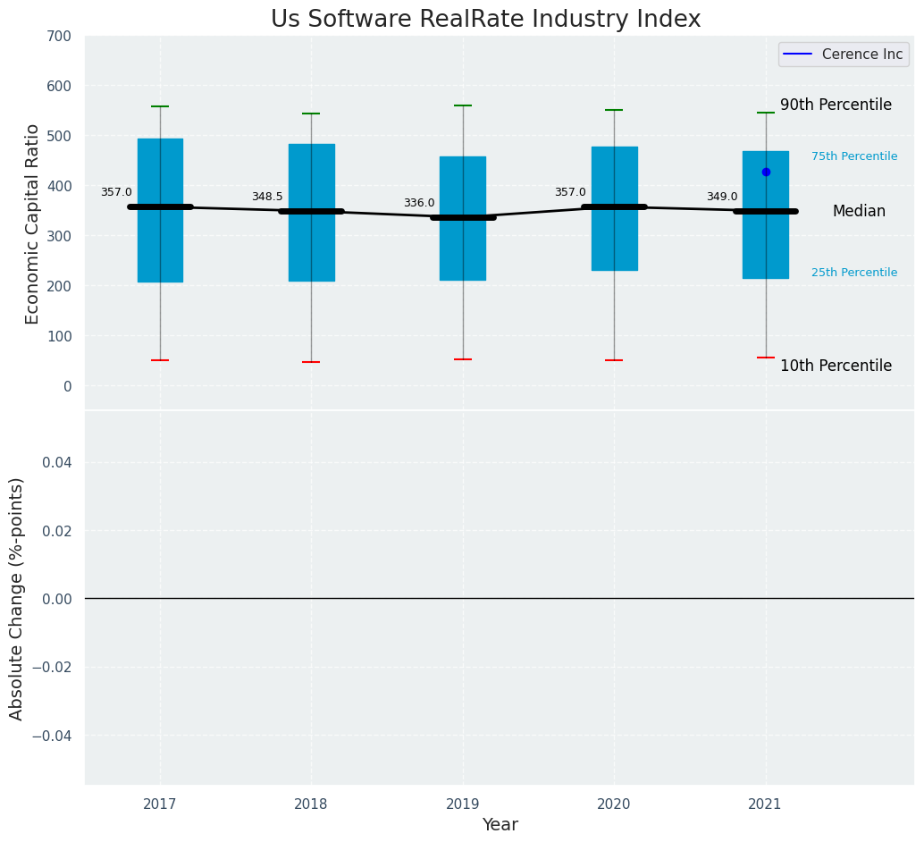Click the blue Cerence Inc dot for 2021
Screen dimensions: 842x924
(766, 172)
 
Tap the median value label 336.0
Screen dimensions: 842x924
(419, 203)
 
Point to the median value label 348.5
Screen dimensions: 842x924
(267, 197)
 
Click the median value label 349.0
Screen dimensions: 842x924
(722, 197)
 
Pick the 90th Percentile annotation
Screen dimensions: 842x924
(836, 105)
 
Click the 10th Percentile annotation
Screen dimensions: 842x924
(836, 366)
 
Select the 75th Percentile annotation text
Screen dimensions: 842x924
(854, 156)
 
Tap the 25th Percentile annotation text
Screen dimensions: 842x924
(854, 273)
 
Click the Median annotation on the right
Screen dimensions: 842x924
(859, 212)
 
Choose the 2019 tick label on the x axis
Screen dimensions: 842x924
(463, 804)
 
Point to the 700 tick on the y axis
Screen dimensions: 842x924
(61, 36)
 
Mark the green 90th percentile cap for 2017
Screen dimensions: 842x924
(160, 106)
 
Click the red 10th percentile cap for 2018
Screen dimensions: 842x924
(311, 362)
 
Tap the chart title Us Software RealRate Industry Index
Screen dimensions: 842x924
(486, 20)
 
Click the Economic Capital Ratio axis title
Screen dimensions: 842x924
(33, 223)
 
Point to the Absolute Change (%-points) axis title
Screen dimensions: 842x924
(17, 598)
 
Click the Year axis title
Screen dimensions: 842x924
(500, 825)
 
